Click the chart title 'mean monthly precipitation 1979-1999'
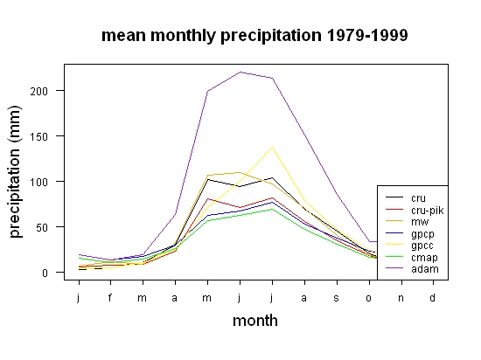click(x=254, y=36)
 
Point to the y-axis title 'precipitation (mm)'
click(x=15, y=172)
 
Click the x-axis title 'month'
click(x=255, y=321)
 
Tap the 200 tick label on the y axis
click(x=39, y=91)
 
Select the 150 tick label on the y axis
click(x=39, y=136)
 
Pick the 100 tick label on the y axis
click(x=39, y=182)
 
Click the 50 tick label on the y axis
click(x=42, y=227)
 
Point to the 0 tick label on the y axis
click(x=45, y=273)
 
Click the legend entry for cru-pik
click(x=415, y=211)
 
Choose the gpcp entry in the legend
click(x=410, y=234)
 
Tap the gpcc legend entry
click(x=409, y=246)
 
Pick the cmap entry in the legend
click(x=411, y=258)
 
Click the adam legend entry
click(x=412, y=269)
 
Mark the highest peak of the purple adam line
click(x=240, y=72)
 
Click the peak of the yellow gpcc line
click(x=272, y=147)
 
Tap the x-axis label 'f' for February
click(x=110, y=297)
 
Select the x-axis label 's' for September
click(x=337, y=298)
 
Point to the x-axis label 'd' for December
click(x=432, y=297)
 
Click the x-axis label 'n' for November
click(x=401, y=298)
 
